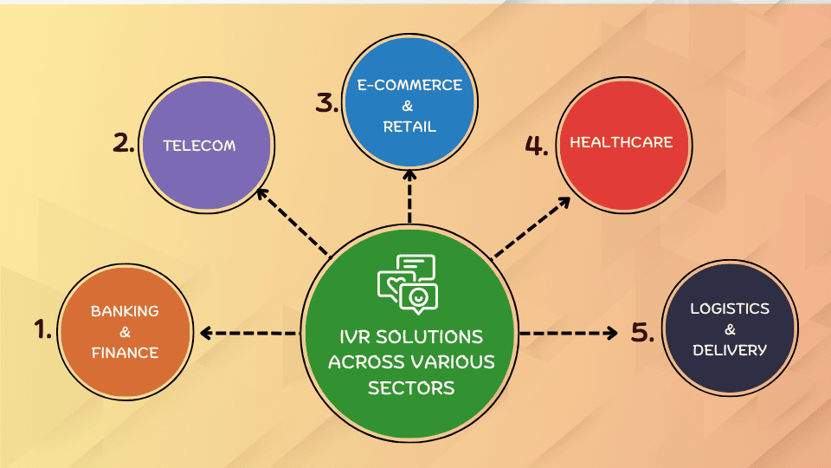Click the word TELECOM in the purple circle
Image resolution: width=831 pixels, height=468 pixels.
[x=199, y=146]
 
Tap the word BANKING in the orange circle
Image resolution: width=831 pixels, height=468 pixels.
[x=126, y=311]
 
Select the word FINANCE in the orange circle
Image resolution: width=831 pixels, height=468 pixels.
[x=126, y=353]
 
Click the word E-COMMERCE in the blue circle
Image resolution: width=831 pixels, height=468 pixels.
[x=410, y=85]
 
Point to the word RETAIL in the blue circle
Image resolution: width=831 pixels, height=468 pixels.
[x=410, y=127]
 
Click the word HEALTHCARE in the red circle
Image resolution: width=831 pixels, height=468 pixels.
[x=621, y=142]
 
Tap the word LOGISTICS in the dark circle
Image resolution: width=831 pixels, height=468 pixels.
[x=730, y=309]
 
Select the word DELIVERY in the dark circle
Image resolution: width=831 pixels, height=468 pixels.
[x=730, y=350]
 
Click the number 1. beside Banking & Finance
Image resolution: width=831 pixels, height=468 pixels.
[x=42, y=329]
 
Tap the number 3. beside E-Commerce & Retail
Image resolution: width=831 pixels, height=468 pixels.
[x=327, y=104]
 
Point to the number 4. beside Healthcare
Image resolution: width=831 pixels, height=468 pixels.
[x=537, y=145]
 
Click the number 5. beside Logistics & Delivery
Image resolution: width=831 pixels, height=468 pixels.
[x=641, y=332]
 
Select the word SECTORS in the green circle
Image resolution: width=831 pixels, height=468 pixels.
[x=411, y=387]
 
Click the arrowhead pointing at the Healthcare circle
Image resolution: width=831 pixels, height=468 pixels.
[x=564, y=202]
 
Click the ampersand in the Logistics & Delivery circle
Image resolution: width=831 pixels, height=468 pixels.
[x=730, y=329]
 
